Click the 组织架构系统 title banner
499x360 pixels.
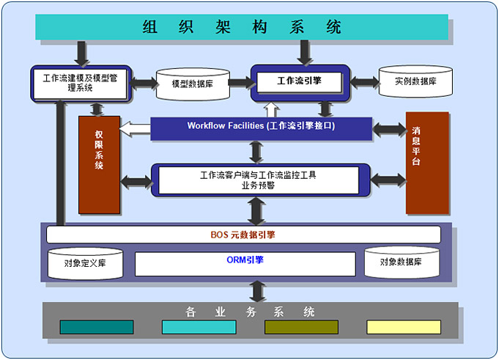point(242,27)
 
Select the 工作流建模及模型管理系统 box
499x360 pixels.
point(80,83)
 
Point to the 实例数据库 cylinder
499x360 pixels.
point(415,81)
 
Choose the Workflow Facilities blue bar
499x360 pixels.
point(261,126)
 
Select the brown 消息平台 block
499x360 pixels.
point(426,162)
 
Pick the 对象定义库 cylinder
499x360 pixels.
point(85,262)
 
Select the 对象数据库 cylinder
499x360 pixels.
point(402,262)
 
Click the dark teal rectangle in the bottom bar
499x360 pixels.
point(97,327)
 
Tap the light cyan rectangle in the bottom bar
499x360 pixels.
point(199,327)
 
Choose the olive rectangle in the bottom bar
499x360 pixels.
point(301,327)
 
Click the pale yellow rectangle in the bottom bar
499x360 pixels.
point(404,327)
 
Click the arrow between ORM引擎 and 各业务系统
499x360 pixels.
point(256,291)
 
